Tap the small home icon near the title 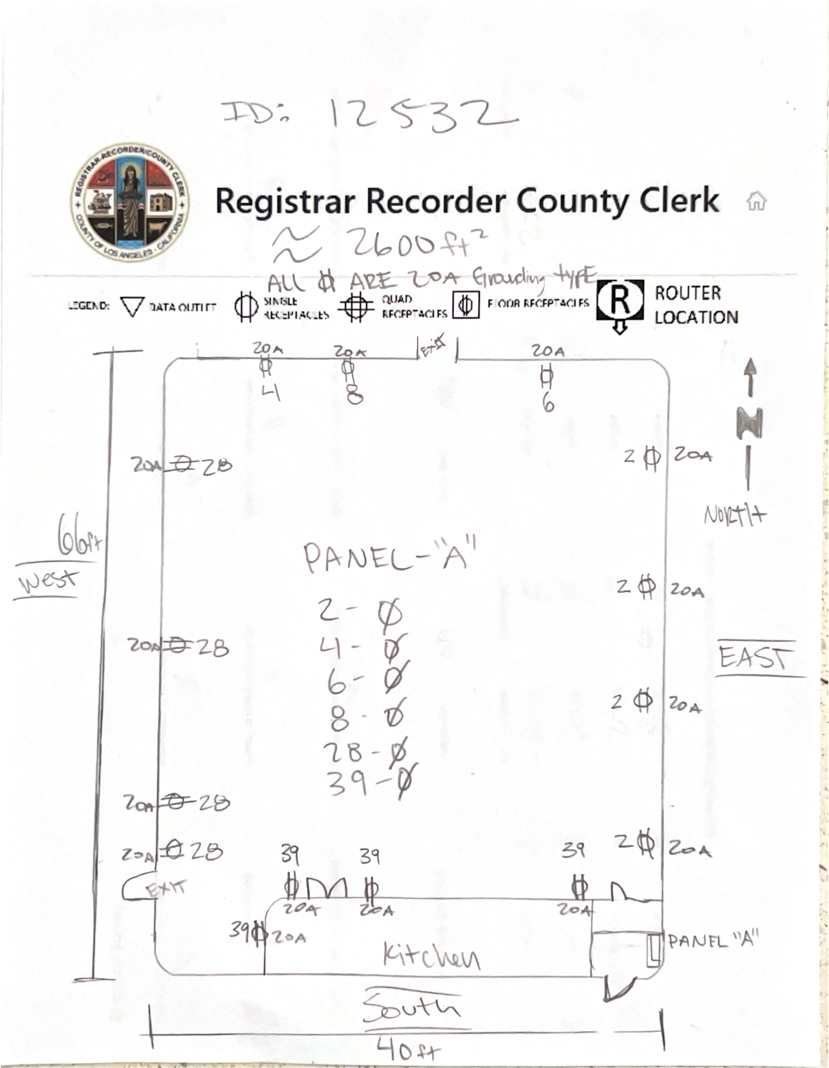click(756, 200)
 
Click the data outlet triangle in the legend click(132, 307)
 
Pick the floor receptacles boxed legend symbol click(465, 305)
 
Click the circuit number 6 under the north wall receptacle click(548, 403)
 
